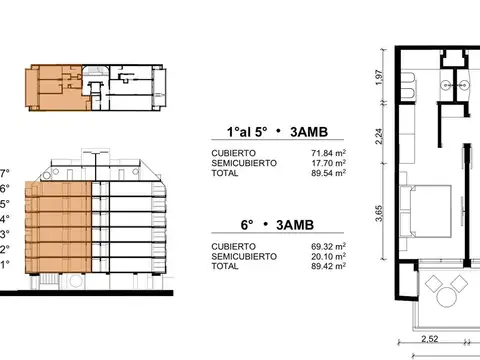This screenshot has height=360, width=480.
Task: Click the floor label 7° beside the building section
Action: click(4, 172)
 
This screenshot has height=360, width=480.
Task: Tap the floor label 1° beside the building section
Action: click(4, 265)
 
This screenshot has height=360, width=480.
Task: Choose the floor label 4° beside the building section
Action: click(4, 219)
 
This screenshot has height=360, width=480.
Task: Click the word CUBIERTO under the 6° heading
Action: click(232, 245)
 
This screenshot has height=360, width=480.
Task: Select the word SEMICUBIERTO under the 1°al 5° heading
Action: click(240, 161)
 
